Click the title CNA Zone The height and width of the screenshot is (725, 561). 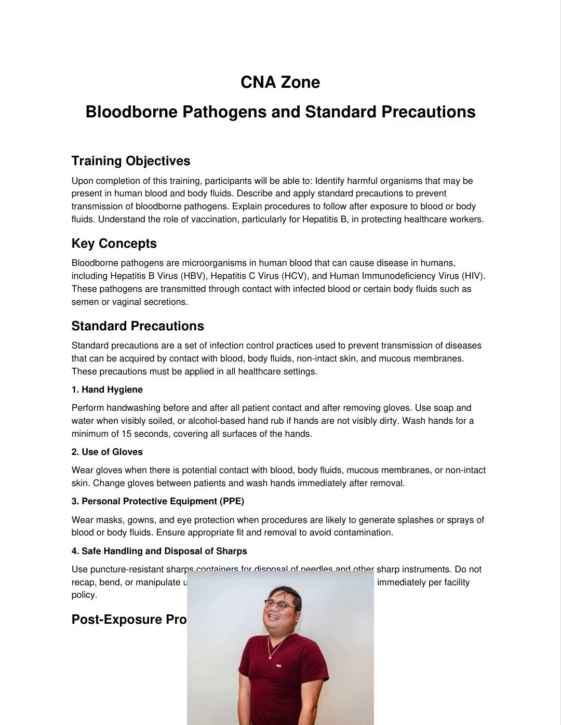click(x=280, y=82)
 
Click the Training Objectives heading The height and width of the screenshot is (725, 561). click(x=131, y=161)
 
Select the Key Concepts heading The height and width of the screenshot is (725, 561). click(x=114, y=244)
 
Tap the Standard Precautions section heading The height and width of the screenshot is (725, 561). click(x=138, y=326)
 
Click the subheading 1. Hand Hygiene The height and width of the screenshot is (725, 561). click(x=107, y=390)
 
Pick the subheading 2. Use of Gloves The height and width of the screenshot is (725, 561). click(x=107, y=452)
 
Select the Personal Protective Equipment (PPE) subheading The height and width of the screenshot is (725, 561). click(x=158, y=501)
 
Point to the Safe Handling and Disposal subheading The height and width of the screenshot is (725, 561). click(x=159, y=551)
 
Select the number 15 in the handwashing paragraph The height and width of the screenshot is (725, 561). click(x=126, y=434)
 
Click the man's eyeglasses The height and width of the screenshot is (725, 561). click(x=280, y=603)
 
